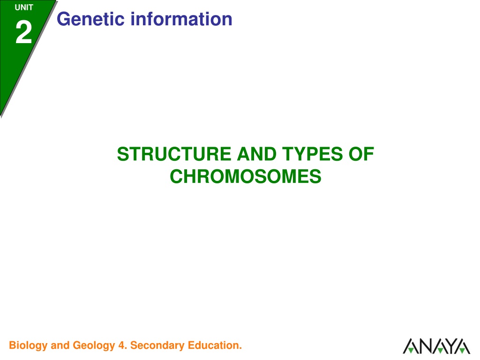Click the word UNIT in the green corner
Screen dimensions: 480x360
tap(24, 7)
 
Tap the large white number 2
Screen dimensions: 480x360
tap(24, 32)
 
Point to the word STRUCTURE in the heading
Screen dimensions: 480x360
tap(174, 154)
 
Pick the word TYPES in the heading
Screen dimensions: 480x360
tap(312, 154)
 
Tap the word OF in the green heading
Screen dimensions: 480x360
tap(361, 154)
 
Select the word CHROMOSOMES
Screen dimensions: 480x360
tap(246, 176)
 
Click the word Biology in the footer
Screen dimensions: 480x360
tap(28, 345)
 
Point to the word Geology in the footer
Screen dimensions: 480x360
tap(94, 345)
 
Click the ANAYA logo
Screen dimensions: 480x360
tap(436, 346)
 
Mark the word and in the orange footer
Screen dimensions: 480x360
tap(60, 345)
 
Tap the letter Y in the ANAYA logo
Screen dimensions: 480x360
tap(449, 346)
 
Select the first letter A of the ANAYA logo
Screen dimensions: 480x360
tap(410, 346)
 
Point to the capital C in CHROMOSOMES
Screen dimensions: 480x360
tap(177, 176)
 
